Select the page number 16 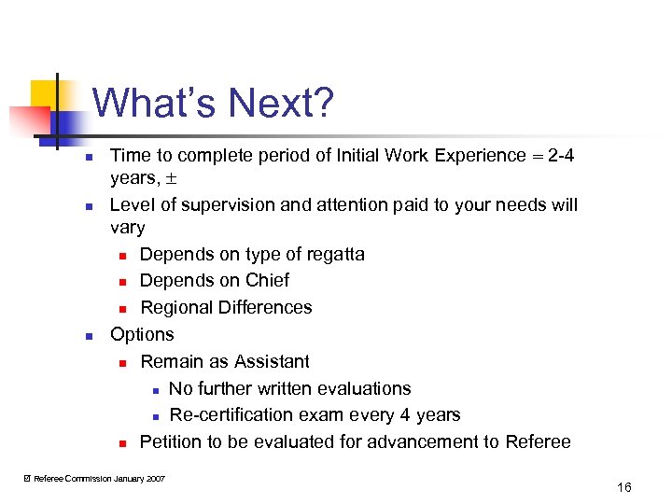(624, 488)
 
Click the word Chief (267, 281)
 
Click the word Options (142, 334)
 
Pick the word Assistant (272, 361)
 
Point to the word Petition (175, 441)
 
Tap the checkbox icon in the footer (26, 479)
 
